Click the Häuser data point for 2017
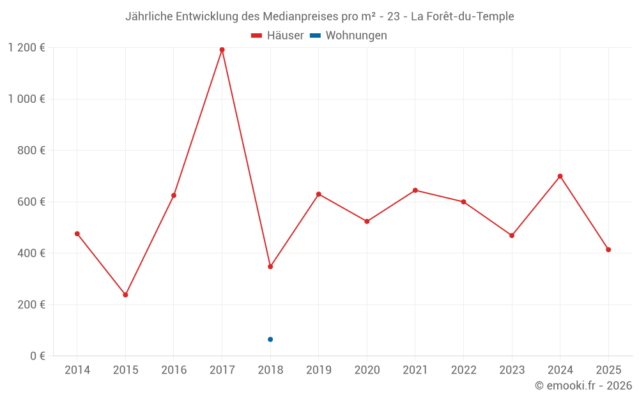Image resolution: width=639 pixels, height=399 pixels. (222, 50)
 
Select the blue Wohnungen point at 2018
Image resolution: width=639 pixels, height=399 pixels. (270, 340)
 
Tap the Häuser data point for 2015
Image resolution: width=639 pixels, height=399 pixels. (125, 295)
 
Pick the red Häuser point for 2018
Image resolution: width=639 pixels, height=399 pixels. (270, 267)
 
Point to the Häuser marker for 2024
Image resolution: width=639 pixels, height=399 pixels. (560, 176)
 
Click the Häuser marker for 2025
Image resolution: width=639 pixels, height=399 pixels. (608, 250)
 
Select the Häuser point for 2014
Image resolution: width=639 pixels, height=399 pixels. (77, 234)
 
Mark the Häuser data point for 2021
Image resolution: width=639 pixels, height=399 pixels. (415, 190)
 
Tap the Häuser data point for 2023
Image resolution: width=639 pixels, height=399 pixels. (512, 236)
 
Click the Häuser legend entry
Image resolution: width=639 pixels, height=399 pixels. (277, 36)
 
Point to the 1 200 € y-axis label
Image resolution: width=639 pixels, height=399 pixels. (26, 48)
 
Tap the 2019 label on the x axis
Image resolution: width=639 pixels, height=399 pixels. (319, 370)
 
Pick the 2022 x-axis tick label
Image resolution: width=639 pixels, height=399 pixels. (463, 370)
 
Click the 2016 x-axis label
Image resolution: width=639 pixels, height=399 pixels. (174, 370)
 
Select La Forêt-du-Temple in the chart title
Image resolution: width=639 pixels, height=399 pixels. (462, 17)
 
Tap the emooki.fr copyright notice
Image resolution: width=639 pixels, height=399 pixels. (583, 386)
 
